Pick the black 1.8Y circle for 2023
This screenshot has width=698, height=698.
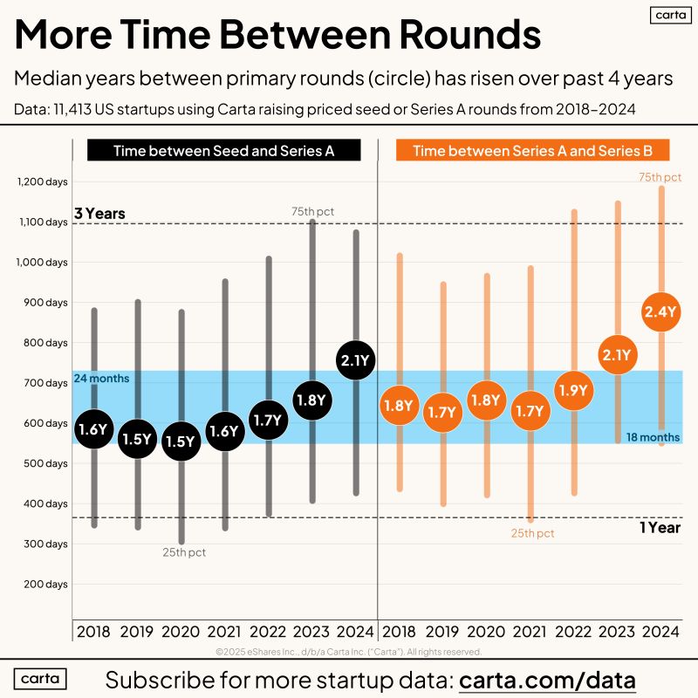pos(311,400)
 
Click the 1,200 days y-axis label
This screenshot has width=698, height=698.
pos(42,181)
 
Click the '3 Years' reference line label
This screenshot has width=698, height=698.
pos(99,213)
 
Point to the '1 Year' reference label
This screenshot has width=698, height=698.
pos(660,527)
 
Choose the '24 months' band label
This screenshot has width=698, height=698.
pos(101,379)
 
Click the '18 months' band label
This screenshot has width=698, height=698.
pos(653,437)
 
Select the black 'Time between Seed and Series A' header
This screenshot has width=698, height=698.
pos(224,151)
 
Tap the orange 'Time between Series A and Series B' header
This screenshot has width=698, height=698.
pos(532,151)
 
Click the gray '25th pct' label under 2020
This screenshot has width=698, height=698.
pos(185,551)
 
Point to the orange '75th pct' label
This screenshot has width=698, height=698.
pos(660,177)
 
